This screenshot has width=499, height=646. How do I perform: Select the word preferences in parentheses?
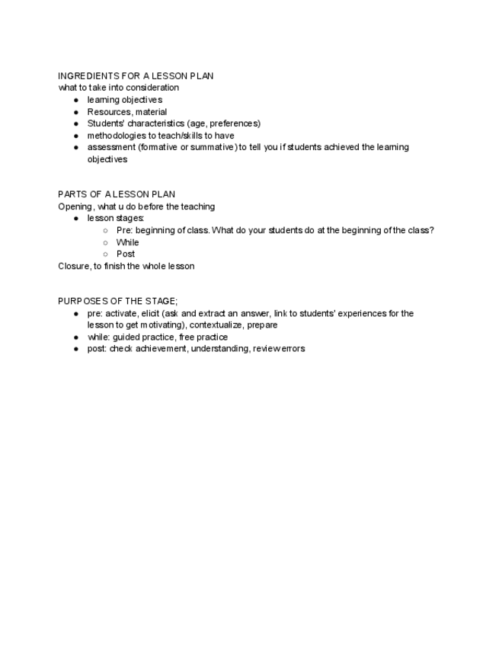tap(233, 123)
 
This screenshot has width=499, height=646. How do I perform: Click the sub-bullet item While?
tap(127, 242)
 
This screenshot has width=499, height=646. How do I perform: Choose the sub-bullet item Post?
tap(126, 254)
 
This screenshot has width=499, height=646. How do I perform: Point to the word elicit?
tap(149, 313)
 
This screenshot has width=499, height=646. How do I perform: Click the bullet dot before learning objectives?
tap(76, 100)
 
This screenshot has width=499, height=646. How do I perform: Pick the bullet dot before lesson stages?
tap(76, 219)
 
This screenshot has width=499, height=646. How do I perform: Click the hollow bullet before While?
tap(106, 242)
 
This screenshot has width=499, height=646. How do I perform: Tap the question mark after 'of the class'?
tap(432, 230)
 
